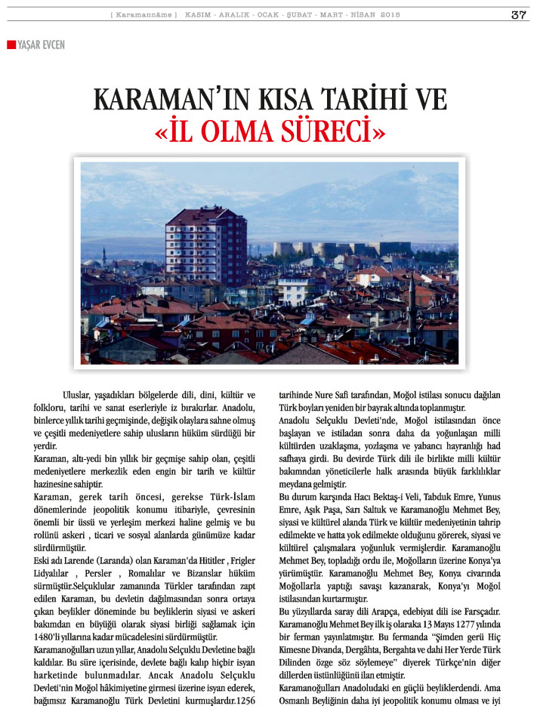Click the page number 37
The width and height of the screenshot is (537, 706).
point(517,14)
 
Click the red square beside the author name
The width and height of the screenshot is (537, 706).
point(11,45)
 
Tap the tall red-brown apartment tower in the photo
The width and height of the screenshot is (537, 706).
point(205,245)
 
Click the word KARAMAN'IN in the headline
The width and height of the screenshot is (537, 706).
point(159,100)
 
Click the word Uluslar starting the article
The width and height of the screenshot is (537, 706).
point(79,395)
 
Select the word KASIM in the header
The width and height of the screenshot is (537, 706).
point(197,15)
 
